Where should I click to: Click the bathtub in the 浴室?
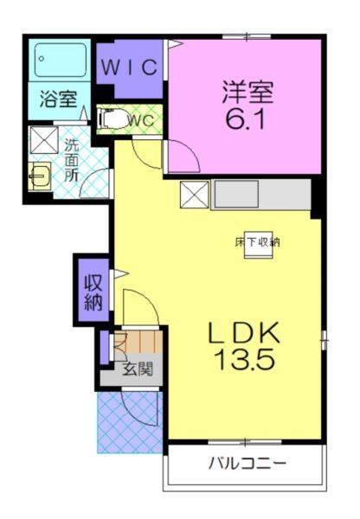point(61,61)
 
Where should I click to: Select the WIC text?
point(130,67)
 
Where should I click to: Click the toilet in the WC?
point(109,120)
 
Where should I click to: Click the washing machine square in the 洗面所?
point(42,140)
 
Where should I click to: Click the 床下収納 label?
point(257,242)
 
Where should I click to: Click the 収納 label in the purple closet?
point(93,292)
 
